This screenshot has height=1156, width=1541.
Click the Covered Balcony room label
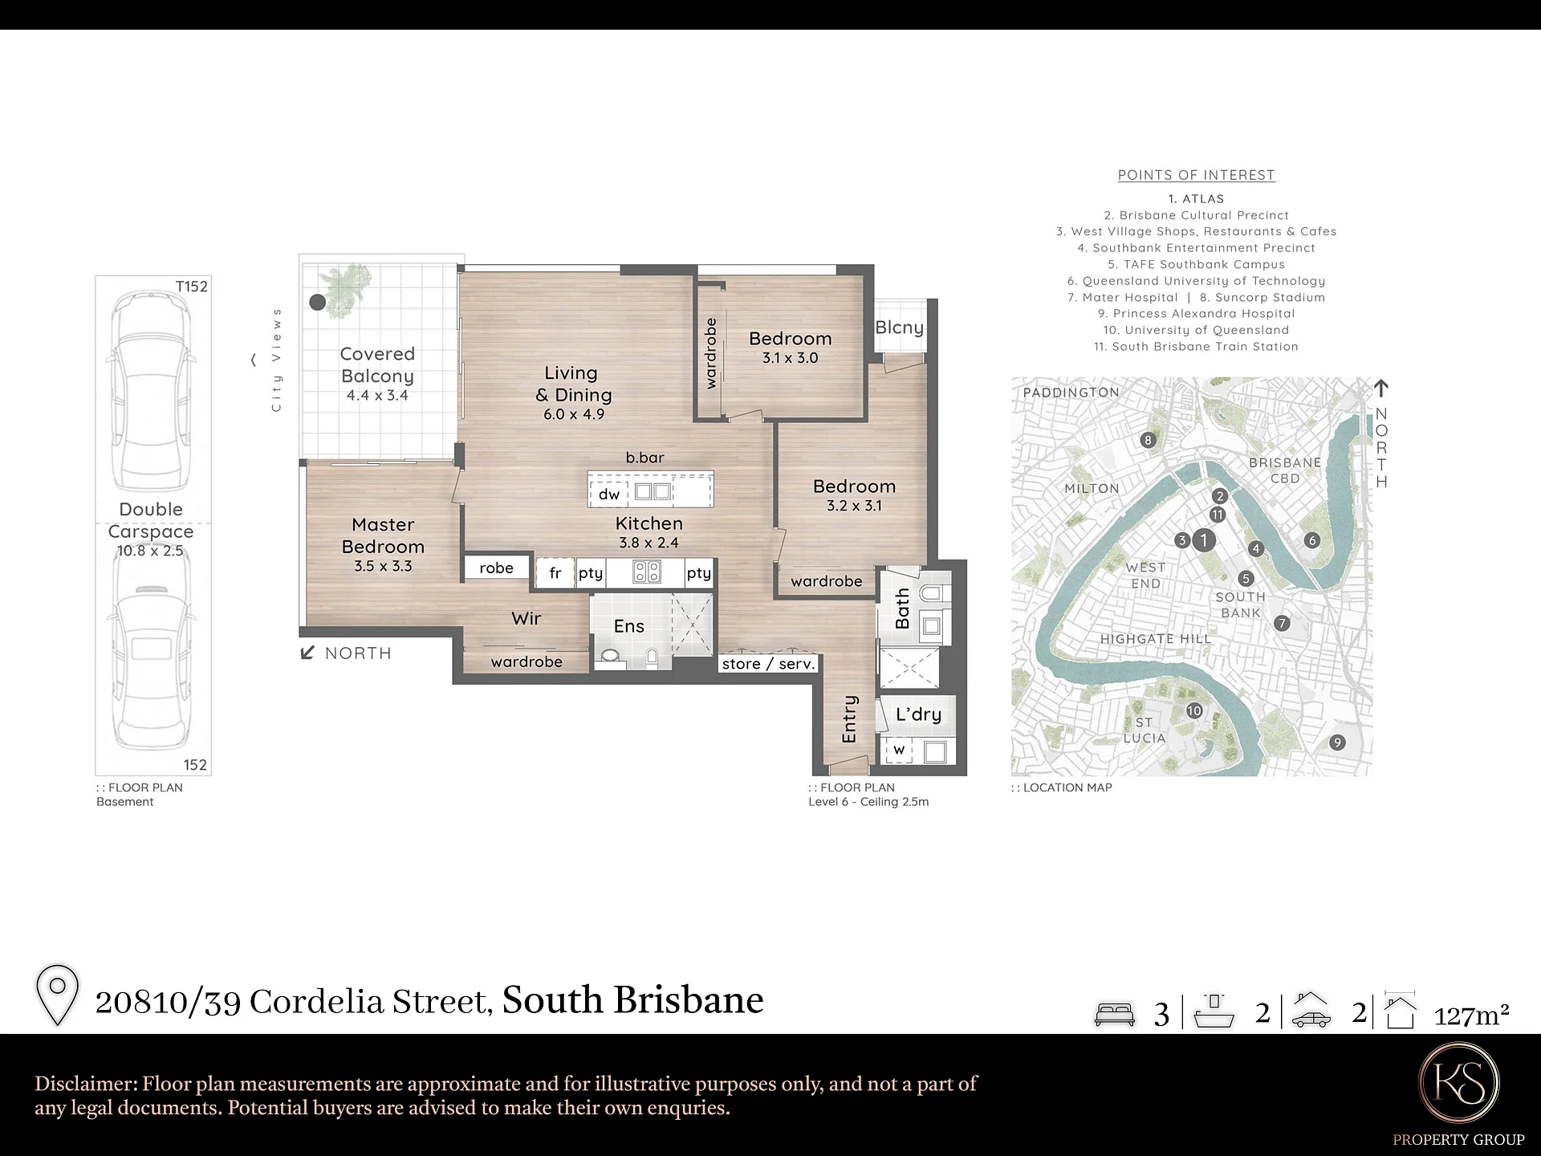pos(377,365)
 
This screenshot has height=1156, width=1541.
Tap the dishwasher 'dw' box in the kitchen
pos(608,494)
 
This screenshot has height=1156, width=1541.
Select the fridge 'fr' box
pos(555,573)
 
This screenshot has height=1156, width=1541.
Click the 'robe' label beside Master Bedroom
pos(497,568)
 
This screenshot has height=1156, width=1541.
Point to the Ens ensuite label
pos(629,626)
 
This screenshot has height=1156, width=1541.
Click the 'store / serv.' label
pos(768,664)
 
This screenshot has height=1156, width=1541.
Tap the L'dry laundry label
pos(918,714)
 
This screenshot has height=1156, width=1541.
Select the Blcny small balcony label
pos(899,328)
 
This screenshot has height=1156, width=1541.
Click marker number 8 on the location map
pos(1148,440)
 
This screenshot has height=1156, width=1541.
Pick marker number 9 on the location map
pos(1337,743)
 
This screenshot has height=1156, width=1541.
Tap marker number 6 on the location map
pos(1312,540)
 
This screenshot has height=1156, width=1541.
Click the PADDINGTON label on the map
pos(1071,393)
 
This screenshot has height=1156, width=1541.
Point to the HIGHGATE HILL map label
pos(1155,639)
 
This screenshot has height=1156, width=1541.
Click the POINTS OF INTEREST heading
pos(1196,175)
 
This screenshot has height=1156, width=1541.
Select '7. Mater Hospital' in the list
pos(1122,298)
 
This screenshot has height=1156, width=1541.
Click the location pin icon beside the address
pos(58,995)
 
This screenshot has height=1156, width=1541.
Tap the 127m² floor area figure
pos(1471,1016)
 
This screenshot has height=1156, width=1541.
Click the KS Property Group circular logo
pos(1458,1082)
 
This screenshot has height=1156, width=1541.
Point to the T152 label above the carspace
pos(192,287)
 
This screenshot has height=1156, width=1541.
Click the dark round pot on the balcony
pos(318,303)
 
